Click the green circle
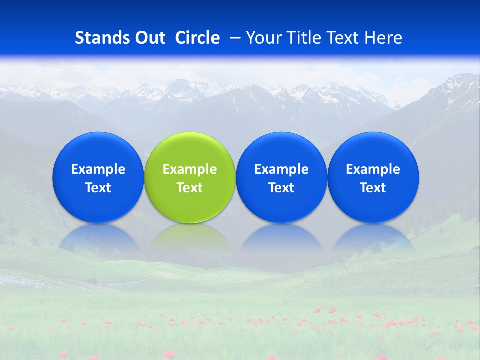190,150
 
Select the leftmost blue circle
98,150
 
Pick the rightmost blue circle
373,150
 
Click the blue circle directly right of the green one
281,150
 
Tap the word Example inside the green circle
190,169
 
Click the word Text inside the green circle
190,188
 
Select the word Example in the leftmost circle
98,169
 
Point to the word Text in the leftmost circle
98,188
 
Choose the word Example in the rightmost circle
373,169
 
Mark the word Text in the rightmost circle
373,188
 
